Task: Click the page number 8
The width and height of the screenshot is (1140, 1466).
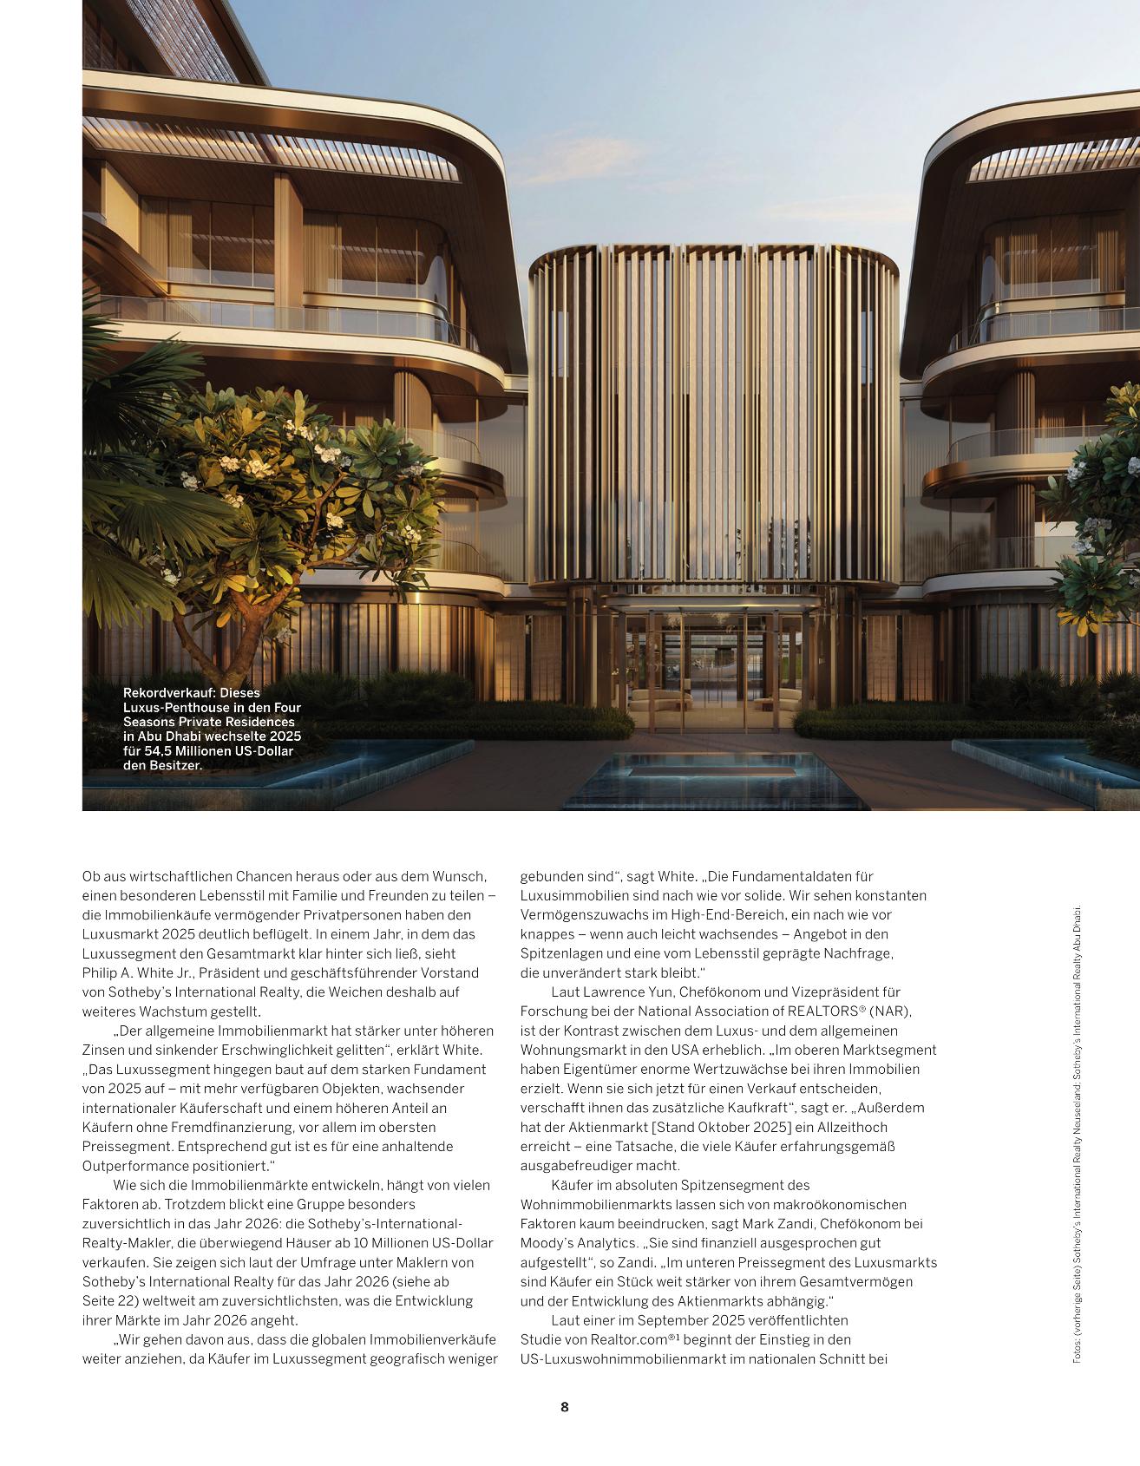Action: point(565,1406)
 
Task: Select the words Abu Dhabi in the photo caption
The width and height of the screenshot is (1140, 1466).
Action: point(174,736)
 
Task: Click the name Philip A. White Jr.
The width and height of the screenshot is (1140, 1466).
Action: point(142,973)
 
